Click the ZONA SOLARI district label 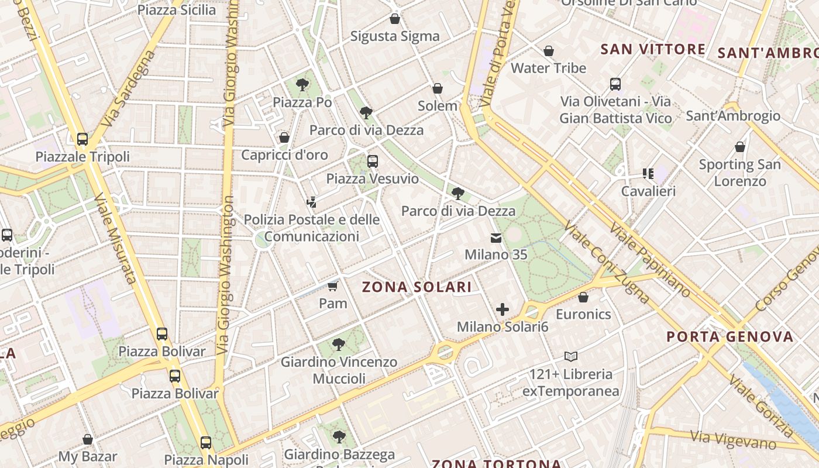click(417, 287)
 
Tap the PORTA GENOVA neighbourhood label click(730, 337)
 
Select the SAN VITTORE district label click(653, 49)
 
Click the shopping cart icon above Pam click(333, 286)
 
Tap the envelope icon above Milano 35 click(496, 238)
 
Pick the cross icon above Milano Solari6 click(502, 309)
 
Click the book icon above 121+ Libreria click(570, 356)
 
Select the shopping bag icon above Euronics click(583, 298)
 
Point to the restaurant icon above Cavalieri click(648, 174)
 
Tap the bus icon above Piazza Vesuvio click(373, 161)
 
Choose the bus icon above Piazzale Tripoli click(82, 139)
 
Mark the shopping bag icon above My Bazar click(88, 439)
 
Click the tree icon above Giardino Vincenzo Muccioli click(338, 345)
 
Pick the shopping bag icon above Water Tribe click(549, 51)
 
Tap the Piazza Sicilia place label click(176, 10)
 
